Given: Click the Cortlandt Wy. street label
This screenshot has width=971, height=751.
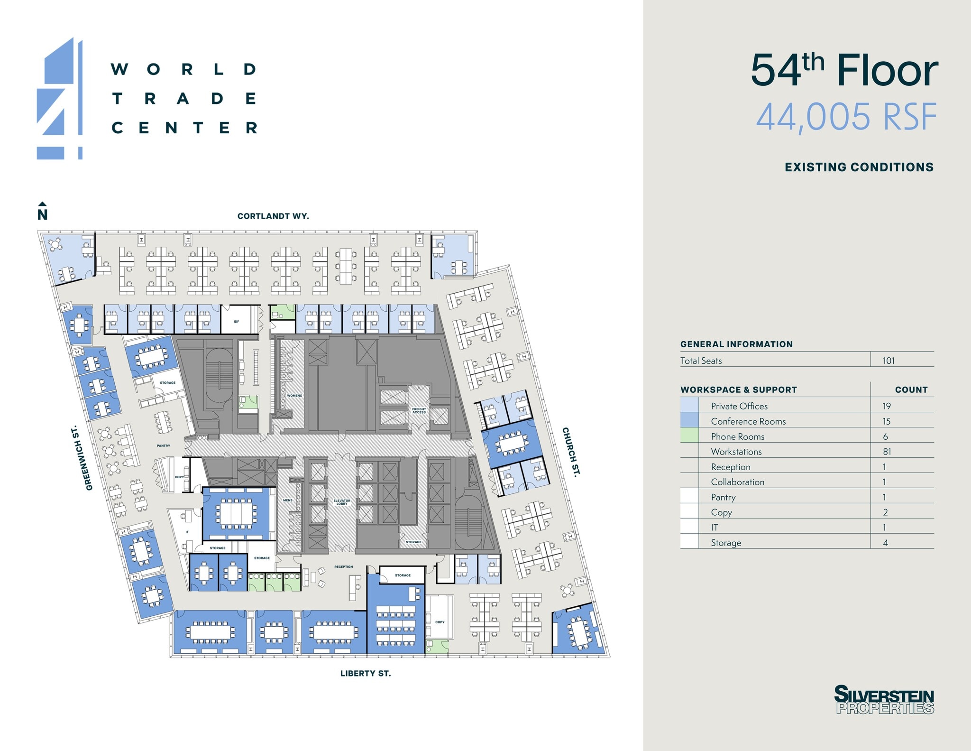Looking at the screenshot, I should point(273,216).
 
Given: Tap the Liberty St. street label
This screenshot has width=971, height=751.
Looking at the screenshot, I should point(366,673).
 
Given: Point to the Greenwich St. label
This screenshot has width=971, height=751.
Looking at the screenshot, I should point(82,458).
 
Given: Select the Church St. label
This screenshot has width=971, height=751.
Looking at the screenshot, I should point(571,451).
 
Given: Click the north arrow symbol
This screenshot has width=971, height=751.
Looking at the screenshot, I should point(42,212).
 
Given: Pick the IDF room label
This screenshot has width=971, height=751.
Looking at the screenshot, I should point(236,322).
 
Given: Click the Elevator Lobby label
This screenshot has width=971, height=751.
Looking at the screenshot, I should point(342,502).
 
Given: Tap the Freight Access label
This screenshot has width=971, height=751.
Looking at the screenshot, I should point(419,410).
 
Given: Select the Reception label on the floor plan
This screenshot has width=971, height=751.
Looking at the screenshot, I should point(343,566).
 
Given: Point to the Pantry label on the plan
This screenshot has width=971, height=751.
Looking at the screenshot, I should point(164,446).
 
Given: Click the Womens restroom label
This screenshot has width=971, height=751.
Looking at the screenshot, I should point(294,395).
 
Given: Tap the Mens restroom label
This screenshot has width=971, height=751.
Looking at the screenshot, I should point(288,500).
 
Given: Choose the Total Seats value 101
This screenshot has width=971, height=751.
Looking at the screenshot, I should point(889,361).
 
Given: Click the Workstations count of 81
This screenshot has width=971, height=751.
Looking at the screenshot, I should point(887,452).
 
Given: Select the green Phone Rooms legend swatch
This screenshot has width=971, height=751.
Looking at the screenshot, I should point(689,436).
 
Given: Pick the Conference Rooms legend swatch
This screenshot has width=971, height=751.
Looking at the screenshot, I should point(689,421).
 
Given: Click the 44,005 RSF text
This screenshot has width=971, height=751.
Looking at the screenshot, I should point(846,117).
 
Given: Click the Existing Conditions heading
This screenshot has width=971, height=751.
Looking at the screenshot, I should point(859,167).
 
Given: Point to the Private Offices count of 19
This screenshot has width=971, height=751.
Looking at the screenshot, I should point(887,406).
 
